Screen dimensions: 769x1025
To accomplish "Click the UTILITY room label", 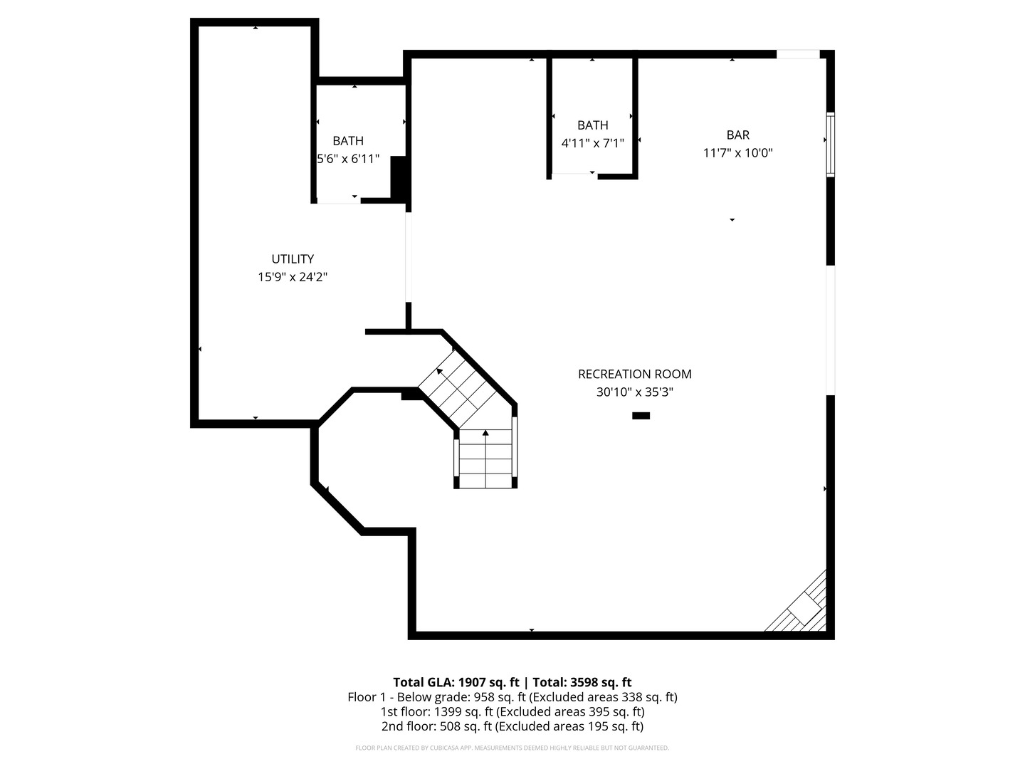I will [293, 259].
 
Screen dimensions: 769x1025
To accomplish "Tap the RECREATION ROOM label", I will [634, 374].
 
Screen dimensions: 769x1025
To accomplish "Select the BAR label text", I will [737, 135].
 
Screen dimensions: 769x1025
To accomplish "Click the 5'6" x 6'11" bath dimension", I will [348, 159].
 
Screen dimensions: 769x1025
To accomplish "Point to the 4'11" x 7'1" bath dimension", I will [592, 143].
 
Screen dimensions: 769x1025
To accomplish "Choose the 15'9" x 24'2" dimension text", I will [293, 277].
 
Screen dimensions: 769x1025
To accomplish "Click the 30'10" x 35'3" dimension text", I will [634, 392].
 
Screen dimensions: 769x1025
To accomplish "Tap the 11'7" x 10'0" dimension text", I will [737, 152].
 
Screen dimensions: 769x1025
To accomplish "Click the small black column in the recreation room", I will [641, 416].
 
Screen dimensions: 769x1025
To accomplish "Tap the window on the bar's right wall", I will [830, 144].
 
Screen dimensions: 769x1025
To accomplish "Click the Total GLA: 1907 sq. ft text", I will [456, 682].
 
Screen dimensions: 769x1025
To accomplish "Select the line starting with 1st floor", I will [512, 711].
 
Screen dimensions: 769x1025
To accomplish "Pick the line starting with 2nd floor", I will [512, 726].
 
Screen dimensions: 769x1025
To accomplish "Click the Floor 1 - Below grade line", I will [512, 697].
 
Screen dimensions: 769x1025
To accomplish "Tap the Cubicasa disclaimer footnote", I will [512, 748].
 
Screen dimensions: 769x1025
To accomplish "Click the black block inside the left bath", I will [398, 178].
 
